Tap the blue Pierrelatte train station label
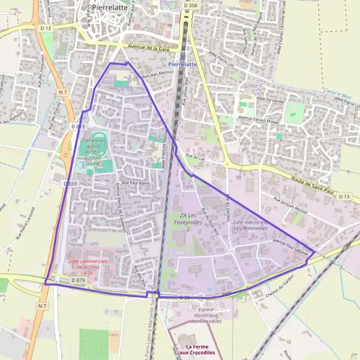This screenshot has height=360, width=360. pos(182,64)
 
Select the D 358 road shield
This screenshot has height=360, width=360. pos(190,5)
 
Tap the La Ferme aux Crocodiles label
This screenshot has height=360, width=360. pos(200,349)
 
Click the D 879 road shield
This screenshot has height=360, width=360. pos(79,280)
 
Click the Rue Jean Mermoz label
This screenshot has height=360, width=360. pos(158,74)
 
